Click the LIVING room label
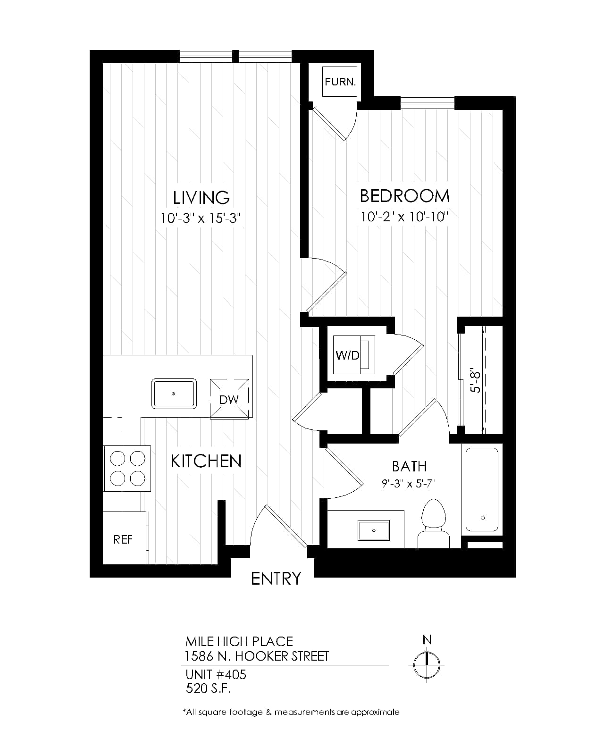201,198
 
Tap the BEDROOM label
405,196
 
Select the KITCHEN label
206,461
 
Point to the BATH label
409,466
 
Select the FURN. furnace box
340,82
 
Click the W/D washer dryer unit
354,355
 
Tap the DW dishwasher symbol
229,399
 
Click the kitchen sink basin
174,394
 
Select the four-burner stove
127,469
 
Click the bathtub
482,489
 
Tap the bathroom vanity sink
374,530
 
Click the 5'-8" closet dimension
475,380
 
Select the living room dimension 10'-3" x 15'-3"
201,218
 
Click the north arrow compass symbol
427,664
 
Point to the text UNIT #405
216,674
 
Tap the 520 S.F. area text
208,688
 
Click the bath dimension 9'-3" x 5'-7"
409,484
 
